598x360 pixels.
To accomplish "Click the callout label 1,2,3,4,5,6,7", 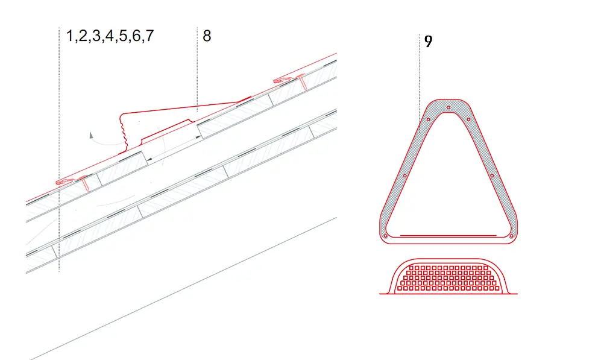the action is click(110, 36).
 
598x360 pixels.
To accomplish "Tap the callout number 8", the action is click(207, 36).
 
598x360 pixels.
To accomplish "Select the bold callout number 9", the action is click(428, 42).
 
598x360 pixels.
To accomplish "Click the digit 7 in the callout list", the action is click(149, 36).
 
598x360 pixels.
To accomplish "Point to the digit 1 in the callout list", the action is click(69, 36).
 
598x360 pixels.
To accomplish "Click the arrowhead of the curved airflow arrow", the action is click(91, 135).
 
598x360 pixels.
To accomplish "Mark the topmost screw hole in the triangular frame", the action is click(448, 107).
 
